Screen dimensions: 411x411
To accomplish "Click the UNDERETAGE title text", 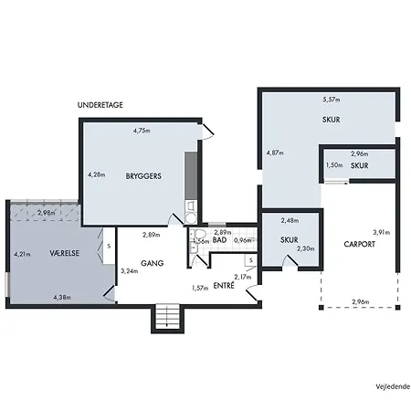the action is pos(100,105).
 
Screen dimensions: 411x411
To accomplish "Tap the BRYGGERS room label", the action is pos(143,176).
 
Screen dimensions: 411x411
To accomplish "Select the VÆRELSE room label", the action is pos(65,253).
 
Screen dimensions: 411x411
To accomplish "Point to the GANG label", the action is pos(153,263).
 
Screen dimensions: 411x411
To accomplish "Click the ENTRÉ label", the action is pos(224,286).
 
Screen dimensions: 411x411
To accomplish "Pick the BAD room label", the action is pos(219,240).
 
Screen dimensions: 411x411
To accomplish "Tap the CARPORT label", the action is pos(359,244).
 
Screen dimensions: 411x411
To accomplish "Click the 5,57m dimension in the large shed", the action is pos(332,100).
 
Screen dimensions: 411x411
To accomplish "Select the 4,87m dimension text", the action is pos(275,153).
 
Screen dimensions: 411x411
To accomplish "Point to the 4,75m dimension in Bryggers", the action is pos(142,131).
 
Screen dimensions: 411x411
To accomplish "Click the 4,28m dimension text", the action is pos(97,174).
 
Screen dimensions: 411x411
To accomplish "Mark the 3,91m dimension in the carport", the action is pos(382,232).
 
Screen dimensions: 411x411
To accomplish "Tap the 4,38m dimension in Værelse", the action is pos(62,297).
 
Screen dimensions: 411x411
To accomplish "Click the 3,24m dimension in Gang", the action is pos(130,271).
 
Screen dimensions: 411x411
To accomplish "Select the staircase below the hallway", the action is pos(167,318).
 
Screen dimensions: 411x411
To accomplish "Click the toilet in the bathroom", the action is pos(200,234).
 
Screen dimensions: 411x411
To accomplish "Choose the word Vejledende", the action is pos(393,386).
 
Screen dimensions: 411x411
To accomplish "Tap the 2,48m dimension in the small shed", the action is pos(290,220).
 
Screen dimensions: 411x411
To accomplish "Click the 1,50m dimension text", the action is pos(334,165).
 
